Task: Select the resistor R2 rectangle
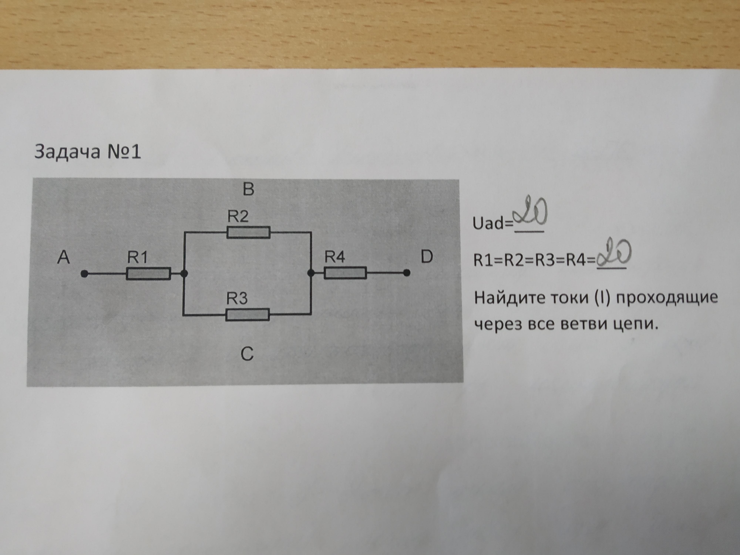tap(248, 232)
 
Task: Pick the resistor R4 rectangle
tap(345, 273)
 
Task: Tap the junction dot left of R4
tap(311, 273)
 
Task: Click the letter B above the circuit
tap(248, 189)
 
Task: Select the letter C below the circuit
tap(247, 354)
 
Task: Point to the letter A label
tap(64, 258)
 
